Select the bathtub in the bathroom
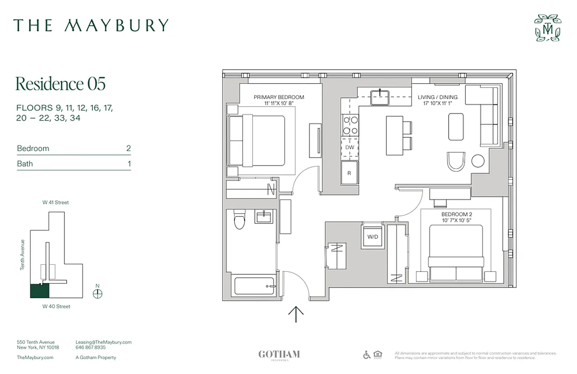click(254, 286)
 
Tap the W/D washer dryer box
click(373, 237)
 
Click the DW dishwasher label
click(350, 148)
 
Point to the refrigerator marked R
click(349, 173)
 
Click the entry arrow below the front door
click(296, 314)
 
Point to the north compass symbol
click(97, 293)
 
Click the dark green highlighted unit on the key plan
click(40, 291)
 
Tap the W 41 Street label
click(56, 202)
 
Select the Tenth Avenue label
click(22, 255)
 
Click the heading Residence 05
click(61, 84)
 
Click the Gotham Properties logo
click(279, 355)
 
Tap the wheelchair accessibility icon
click(367, 355)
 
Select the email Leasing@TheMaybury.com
click(104, 342)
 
